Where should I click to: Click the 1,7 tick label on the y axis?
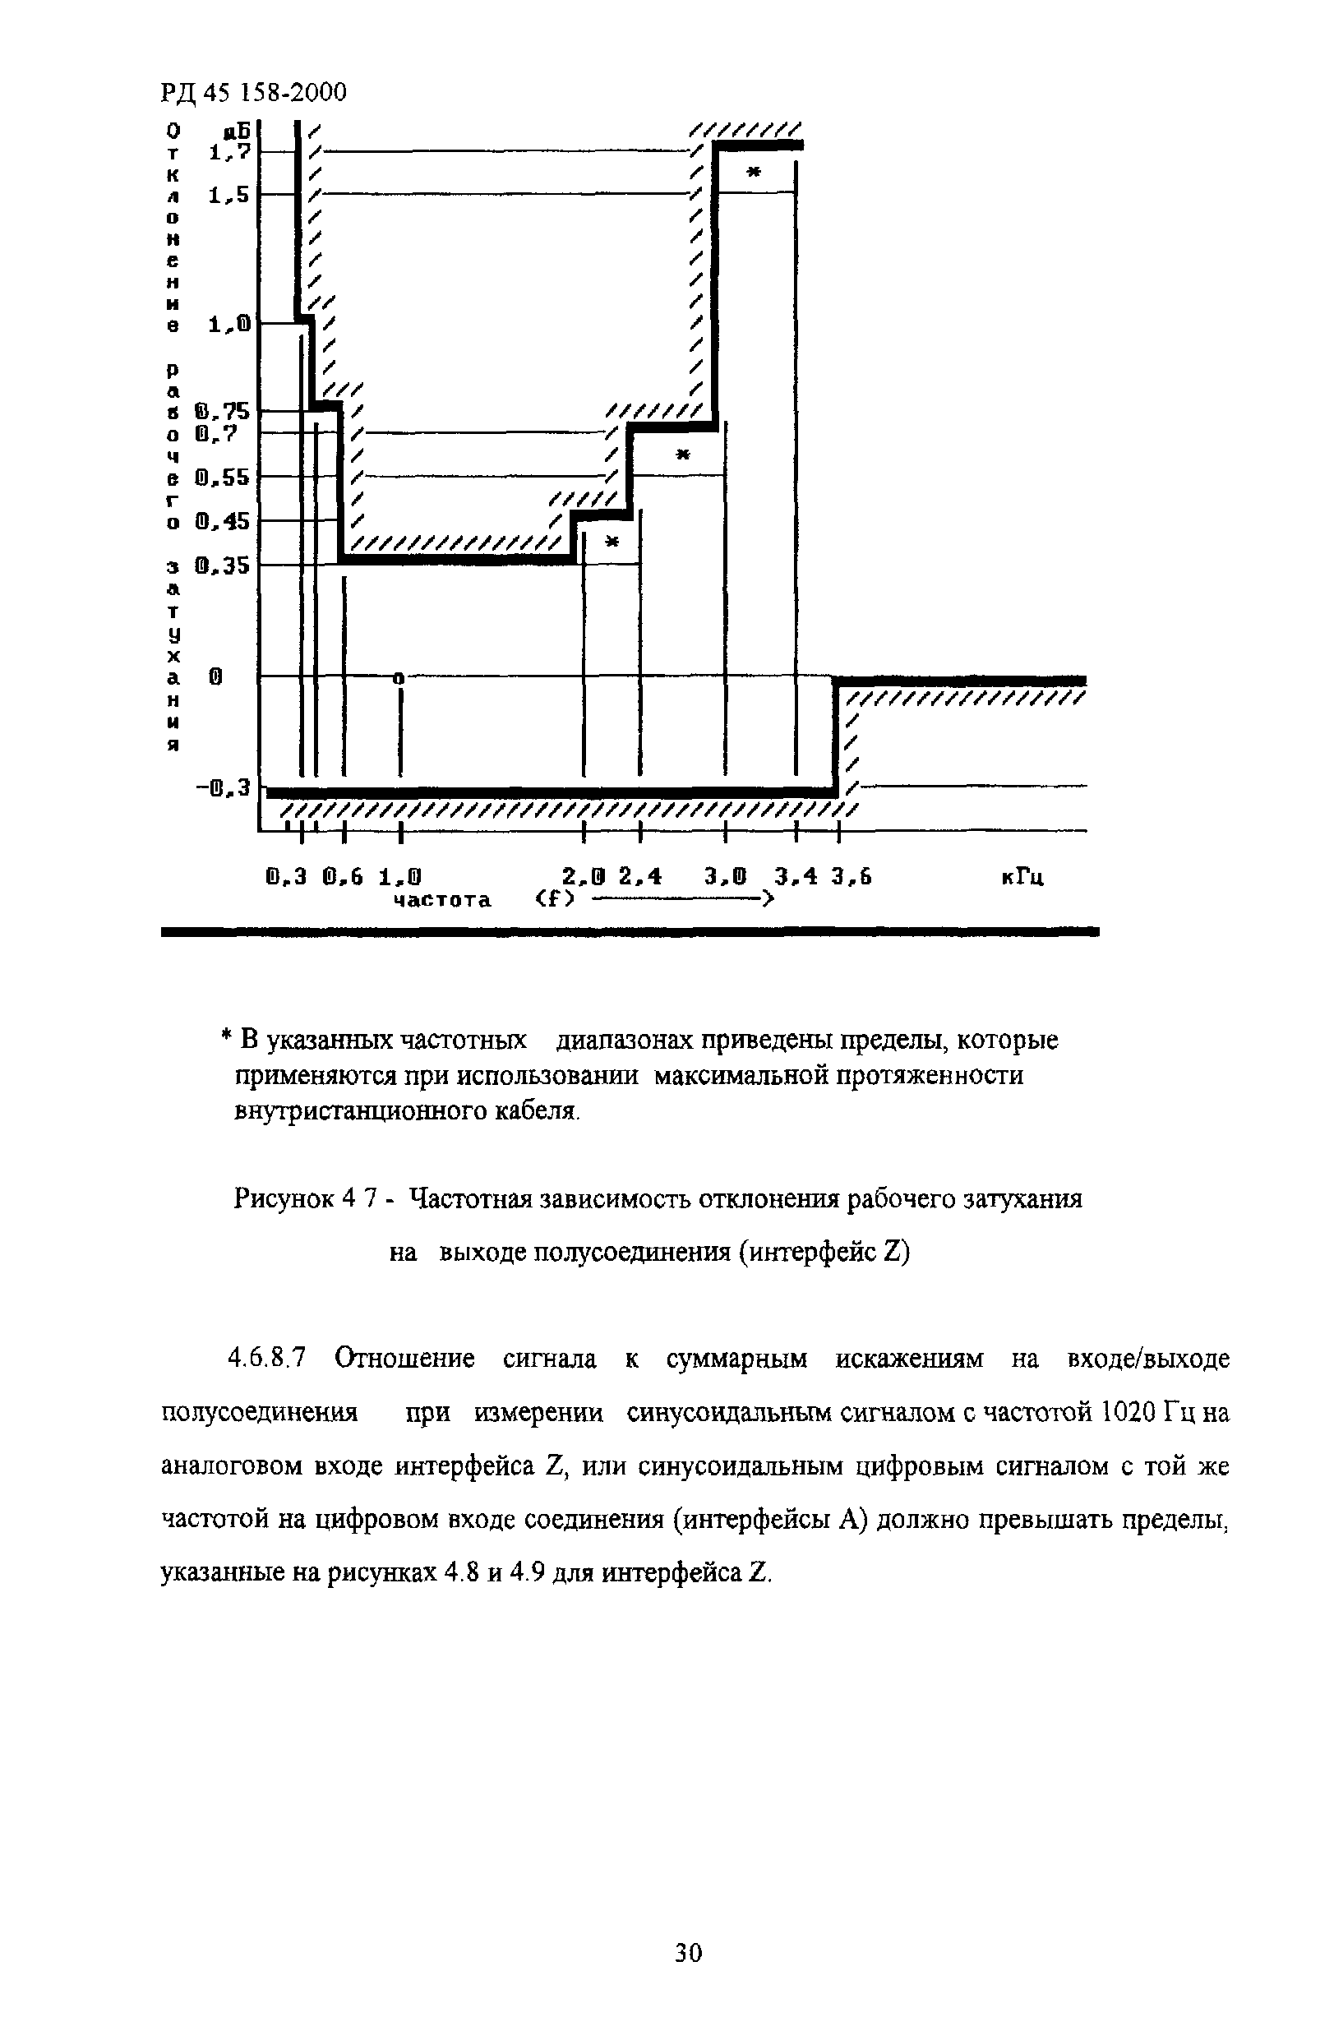coord(228,153)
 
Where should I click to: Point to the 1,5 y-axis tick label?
coord(228,196)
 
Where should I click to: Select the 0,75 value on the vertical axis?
coord(222,412)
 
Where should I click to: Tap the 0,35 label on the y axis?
coord(222,565)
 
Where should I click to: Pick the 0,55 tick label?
coord(222,478)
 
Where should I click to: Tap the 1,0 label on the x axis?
coord(400,877)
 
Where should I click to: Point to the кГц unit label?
coord(1022,877)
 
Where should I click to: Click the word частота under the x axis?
coord(442,900)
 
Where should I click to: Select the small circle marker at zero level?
coord(400,677)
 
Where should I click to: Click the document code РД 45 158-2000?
coord(253,92)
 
